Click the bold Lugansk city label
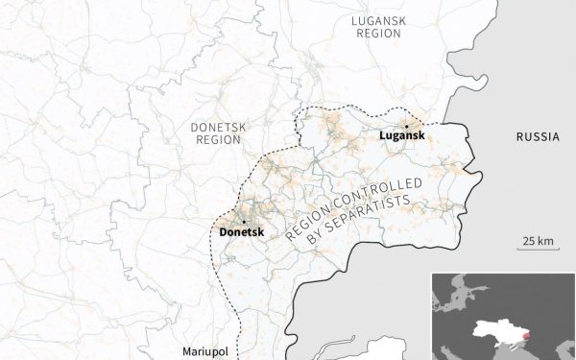point(400,137)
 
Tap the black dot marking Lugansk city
point(407,126)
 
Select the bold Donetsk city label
point(240,232)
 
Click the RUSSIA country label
point(537,137)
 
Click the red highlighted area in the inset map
point(524,337)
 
